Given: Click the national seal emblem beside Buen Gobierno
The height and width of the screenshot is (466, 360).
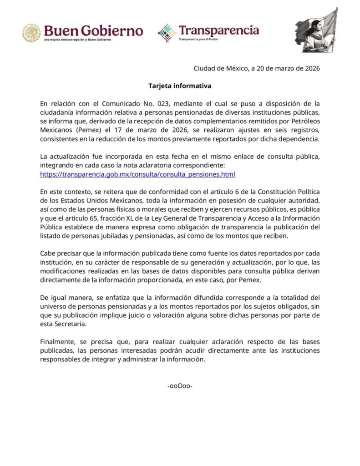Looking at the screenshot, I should point(32,33).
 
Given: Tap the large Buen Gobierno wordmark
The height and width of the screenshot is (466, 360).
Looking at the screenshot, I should point(93,31).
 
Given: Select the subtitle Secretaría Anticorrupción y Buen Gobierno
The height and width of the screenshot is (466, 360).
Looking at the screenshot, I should point(77,41).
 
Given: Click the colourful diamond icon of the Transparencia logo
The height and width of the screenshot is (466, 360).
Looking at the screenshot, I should point(167,33).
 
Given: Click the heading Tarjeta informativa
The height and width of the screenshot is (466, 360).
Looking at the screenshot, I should point(180,86).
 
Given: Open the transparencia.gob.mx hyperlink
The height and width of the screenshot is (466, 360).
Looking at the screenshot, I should point(137,174).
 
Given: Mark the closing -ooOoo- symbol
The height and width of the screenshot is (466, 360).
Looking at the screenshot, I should point(180,386).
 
